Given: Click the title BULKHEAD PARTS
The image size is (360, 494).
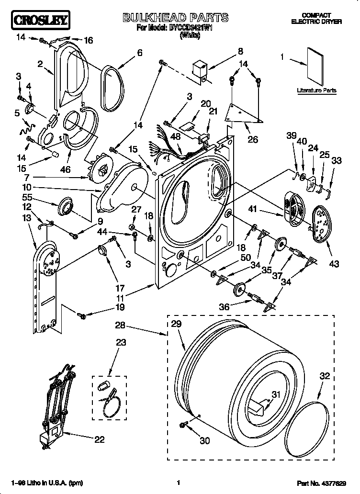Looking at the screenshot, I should coord(175,18).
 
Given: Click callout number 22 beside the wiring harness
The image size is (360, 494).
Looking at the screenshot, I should coord(99,440).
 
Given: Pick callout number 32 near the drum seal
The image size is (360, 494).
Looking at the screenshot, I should coord(324,376).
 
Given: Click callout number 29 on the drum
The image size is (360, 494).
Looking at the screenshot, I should coord(176,324).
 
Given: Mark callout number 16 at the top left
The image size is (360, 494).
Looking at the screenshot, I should coord(89,40).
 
